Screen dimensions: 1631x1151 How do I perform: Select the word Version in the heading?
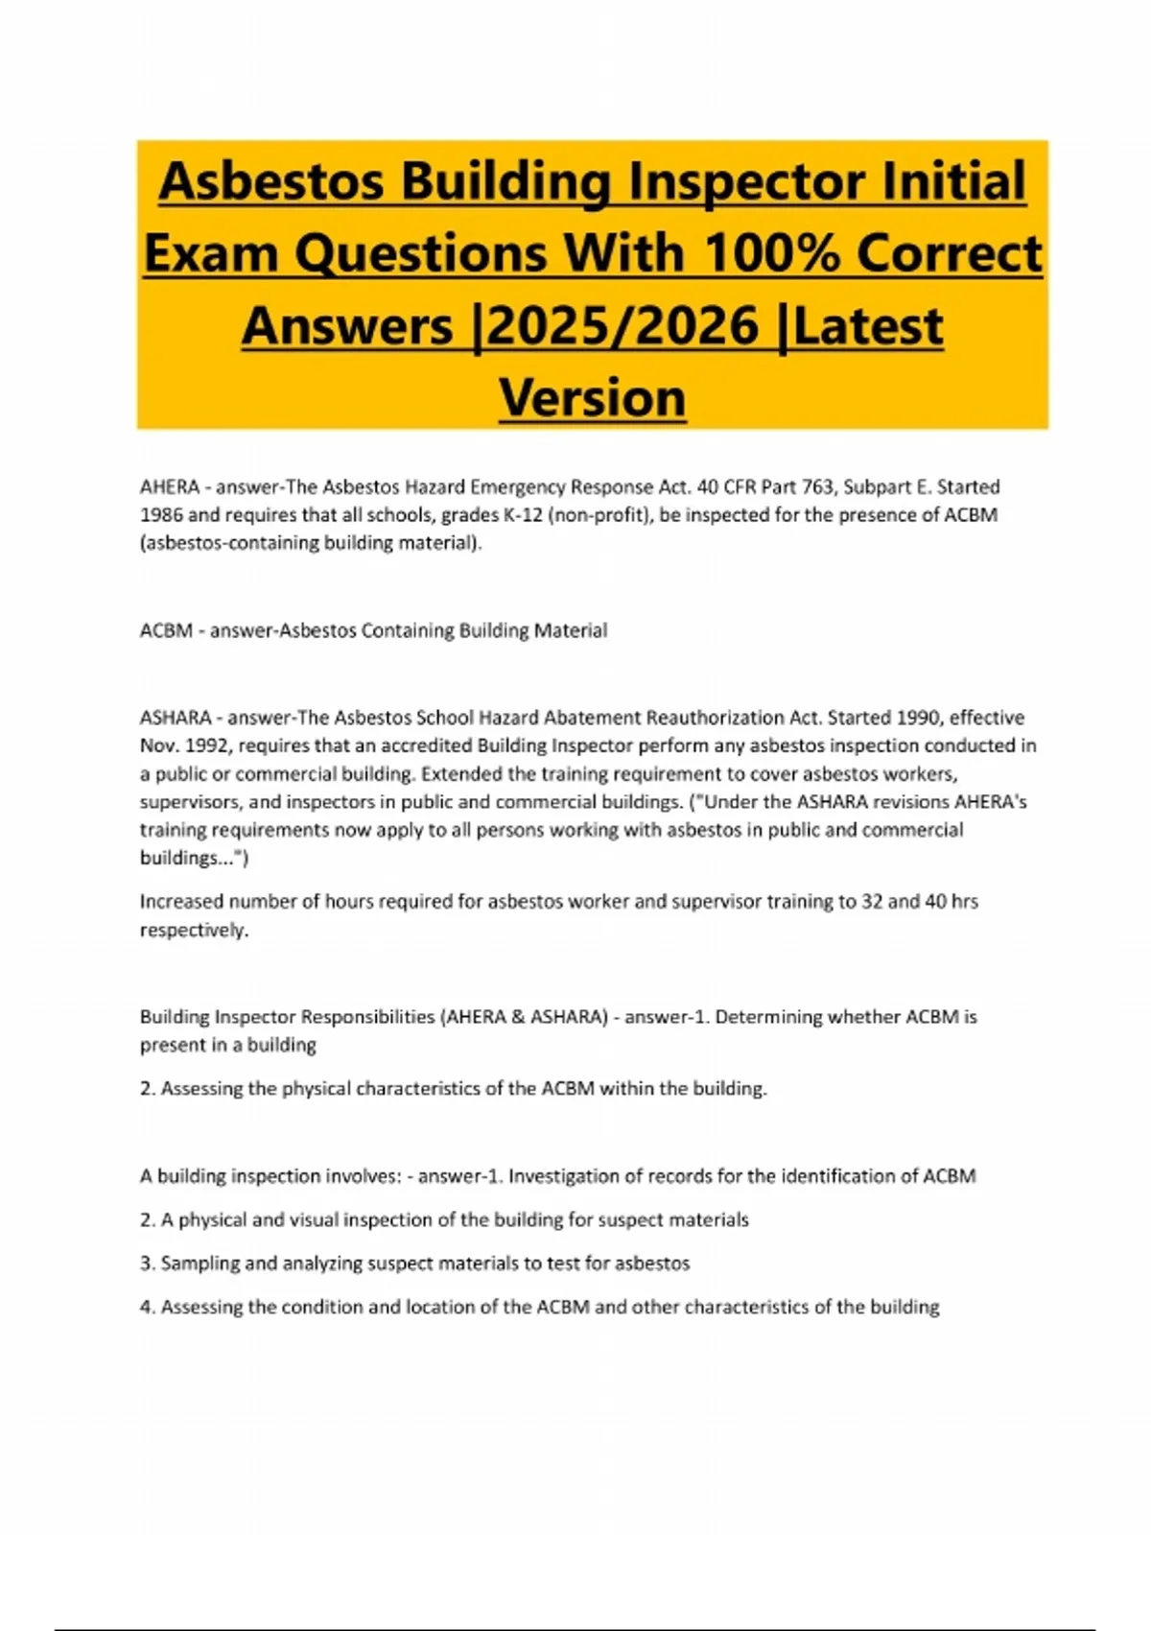pyautogui.click(x=593, y=397)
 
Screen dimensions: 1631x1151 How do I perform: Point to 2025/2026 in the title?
pyautogui.click(x=622, y=326)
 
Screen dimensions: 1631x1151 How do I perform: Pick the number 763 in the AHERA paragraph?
pyautogui.click(x=817, y=487)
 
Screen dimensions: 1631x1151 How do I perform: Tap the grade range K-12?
pyautogui.click(x=522, y=515)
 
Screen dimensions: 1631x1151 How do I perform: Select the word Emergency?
pyautogui.click(x=517, y=487)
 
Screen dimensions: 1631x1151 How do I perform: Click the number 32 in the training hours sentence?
pyautogui.click(x=872, y=902)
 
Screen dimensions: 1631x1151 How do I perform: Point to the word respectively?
pyautogui.click(x=193, y=931)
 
